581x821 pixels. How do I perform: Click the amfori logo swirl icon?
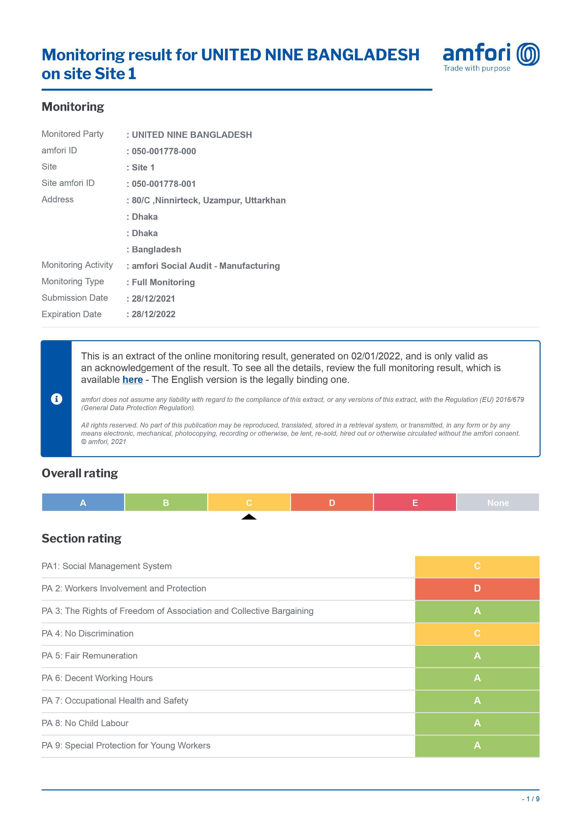pyautogui.click(x=528, y=54)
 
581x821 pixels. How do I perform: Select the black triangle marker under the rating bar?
pyautogui.click(x=249, y=517)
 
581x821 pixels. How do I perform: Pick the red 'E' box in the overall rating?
pyautogui.click(x=415, y=502)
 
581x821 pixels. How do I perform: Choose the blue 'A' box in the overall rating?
pyautogui.click(x=83, y=502)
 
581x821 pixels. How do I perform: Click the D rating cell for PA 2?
pyautogui.click(x=477, y=589)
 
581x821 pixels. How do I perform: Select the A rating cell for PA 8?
pyautogui.click(x=477, y=723)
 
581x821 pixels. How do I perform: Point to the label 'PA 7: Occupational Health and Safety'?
pyautogui.click(x=115, y=701)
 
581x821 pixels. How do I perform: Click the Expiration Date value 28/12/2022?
pyautogui.click(x=153, y=314)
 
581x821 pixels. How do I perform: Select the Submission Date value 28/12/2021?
pyautogui.click(x=153, y=299)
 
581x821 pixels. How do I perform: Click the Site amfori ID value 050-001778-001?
pyautogui.click(x=164, y=184)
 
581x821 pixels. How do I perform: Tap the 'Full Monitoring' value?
pyautogui.click(x=163, y=282)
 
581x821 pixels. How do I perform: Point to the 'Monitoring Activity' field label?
pyautogui.click(x=77, y=265)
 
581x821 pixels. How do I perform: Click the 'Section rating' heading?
pyautogui.click(x=82, y=539)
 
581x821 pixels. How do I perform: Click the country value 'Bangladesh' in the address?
pyautogui.click(x=156, y=249)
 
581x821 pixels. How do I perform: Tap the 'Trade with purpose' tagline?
pyautogui.click(x=477, y=68)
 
